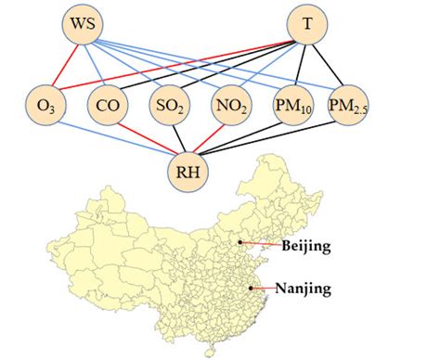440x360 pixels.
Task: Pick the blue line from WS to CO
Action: (96, 63)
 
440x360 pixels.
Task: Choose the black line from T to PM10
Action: (299, 64)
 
